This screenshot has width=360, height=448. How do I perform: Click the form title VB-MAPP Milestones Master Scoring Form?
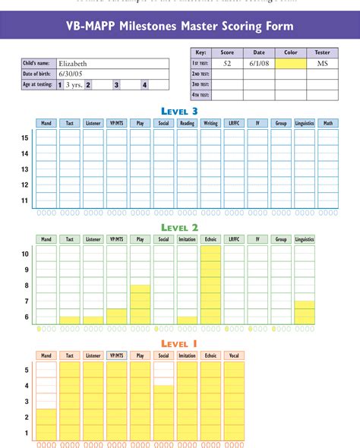180,27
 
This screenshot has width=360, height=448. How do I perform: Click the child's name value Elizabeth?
73,64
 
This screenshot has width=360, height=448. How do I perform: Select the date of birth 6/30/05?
71,74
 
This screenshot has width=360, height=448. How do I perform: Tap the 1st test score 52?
227,64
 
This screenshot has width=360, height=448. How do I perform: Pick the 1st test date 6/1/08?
257,64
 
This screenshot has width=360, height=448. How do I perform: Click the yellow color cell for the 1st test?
290,64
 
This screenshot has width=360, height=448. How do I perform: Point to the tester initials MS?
322,64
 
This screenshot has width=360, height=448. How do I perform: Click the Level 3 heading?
180,111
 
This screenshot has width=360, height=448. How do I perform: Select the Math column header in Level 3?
327,123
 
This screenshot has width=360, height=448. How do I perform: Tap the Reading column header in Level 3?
187,123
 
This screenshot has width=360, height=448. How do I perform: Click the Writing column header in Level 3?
210,123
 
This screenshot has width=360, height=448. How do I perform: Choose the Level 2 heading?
180,228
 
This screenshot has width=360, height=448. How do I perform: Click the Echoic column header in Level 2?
210,239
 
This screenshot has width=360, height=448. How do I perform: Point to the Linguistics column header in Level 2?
304,239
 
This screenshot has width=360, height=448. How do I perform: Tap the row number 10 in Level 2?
25,254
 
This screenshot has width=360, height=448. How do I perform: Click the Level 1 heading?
180,344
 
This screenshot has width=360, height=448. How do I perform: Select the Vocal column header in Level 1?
234,355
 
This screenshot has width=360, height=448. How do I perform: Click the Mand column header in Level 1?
46,355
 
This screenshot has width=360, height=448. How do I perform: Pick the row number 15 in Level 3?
25,137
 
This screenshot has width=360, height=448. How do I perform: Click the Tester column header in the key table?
322,52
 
